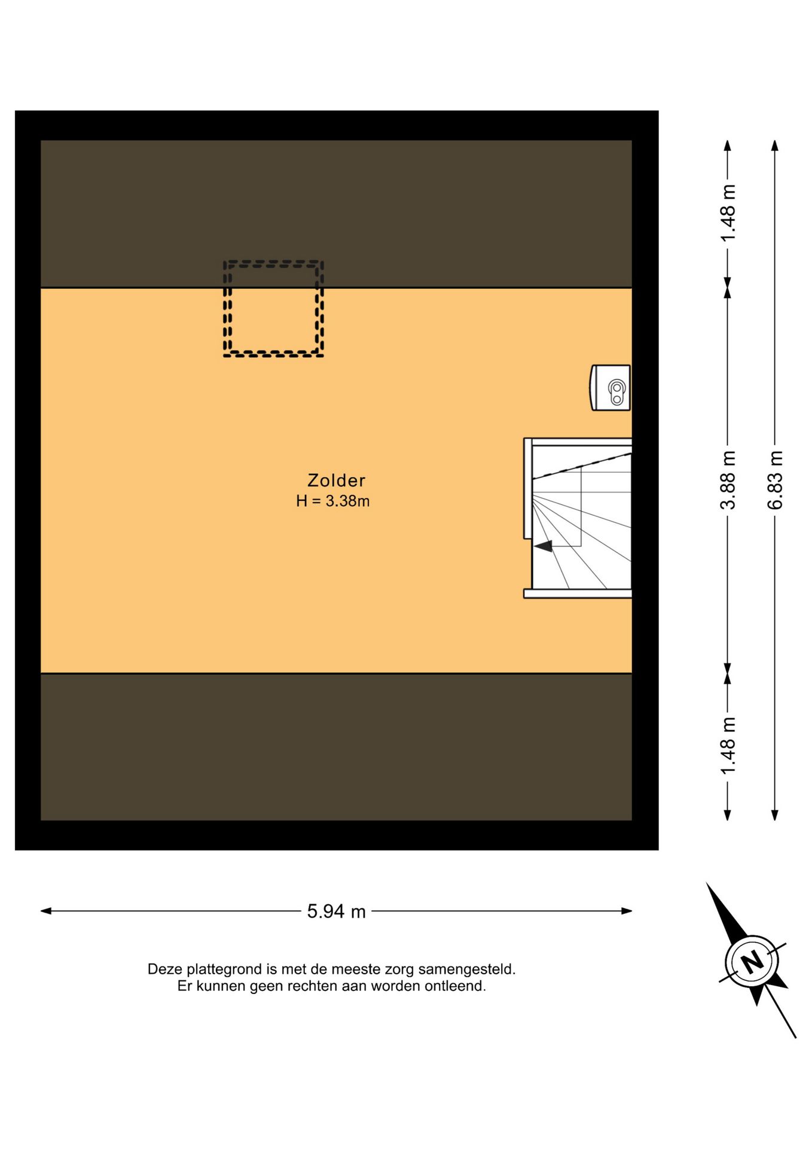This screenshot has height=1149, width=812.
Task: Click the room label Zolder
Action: pos(336,480)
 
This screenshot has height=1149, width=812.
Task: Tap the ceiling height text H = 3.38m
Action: pos(332,501)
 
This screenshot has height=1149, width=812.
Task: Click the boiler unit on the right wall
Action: pos(610,388)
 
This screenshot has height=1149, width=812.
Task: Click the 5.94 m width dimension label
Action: pos(336,911)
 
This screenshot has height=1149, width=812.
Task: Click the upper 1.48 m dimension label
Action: pos(728,213)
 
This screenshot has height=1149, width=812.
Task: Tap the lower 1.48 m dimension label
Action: pos(728,745)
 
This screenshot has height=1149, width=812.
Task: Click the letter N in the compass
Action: pos(752,962)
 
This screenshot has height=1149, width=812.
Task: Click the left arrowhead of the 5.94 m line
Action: pos(45,911)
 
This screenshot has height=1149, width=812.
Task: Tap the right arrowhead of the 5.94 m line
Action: pos(627,911)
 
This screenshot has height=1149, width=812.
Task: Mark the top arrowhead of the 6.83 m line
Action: pos(775,145)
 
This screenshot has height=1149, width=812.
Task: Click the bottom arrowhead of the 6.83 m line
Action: pos(775,815)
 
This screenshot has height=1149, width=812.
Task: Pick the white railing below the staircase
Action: pos(578,594)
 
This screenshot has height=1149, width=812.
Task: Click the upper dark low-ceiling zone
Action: pos(336,214)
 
